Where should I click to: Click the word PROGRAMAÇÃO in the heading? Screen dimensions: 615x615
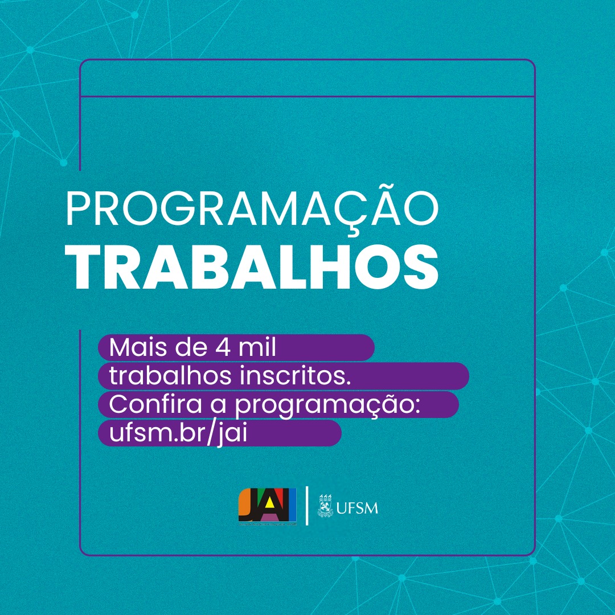click(x=252, y=208)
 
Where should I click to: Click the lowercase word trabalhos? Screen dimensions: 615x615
click(x=171, y=376)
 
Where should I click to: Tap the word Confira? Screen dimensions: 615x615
click(x=155, y=404)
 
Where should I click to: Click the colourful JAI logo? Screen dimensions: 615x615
click(x=268, y=506)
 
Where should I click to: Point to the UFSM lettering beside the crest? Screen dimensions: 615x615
click(x=357, y=508)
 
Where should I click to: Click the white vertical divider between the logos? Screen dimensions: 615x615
click(x=307, y=506)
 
